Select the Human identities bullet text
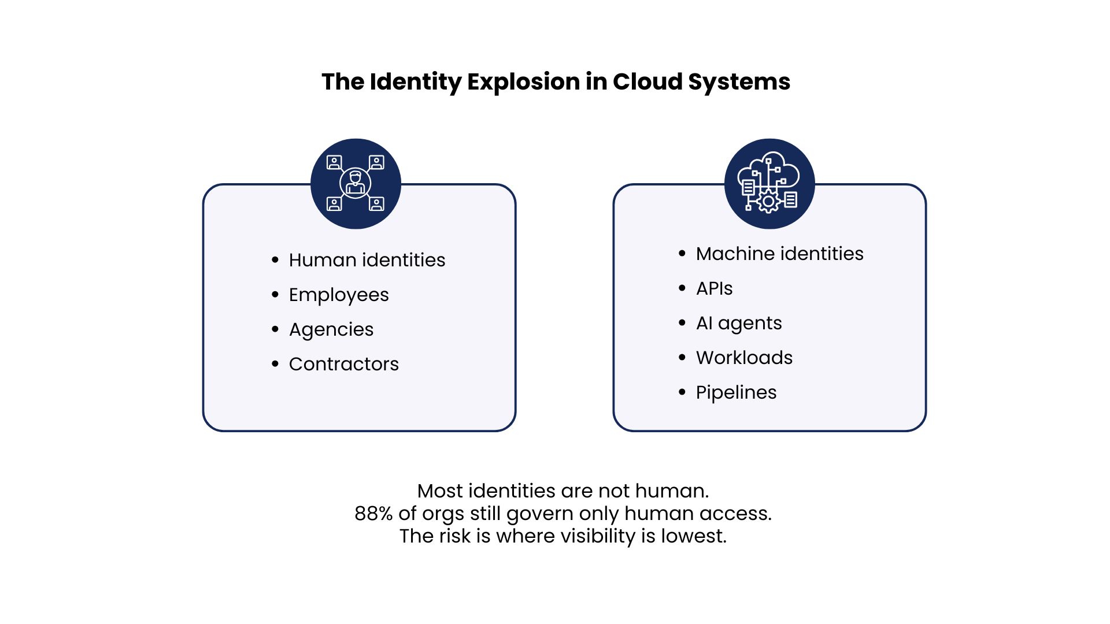[x=367, y=260]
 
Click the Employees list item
[x=339, y=295]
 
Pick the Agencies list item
[x=331, y=330]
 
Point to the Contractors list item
[x=344, y=364]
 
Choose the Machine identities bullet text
[x=780, y=254]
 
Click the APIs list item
[x=715, y=288]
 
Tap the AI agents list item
[x=739, y=324]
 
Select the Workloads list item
[x=745, y=358]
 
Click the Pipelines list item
[x=737, y=393]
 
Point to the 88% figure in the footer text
[x=373, y=513]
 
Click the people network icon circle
[x=356, y=184]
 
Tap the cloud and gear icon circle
[x=769, y=184]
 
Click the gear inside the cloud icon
[x=768, y=202]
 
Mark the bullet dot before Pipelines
[x=682, y=392]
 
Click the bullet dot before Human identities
[x=275, y=260]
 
